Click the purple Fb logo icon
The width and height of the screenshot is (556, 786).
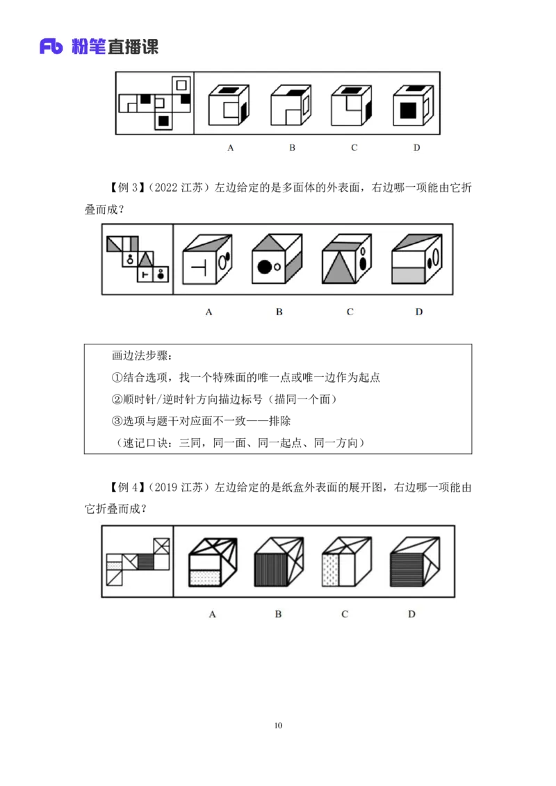51,46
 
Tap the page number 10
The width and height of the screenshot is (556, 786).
278,725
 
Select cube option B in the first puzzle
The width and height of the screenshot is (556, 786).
291,106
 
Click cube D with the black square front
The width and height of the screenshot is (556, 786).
413,106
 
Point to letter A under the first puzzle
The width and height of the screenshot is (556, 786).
230,147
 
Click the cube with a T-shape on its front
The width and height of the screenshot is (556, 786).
207,259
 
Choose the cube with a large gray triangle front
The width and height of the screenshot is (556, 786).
347,259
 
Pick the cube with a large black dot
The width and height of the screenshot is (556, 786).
277,259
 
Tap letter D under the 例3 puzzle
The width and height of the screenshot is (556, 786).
419,312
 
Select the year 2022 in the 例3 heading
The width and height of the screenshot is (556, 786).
166,187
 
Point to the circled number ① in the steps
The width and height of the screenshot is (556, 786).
117,378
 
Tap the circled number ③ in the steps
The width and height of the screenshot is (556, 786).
117,421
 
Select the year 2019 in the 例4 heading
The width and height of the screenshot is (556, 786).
166,487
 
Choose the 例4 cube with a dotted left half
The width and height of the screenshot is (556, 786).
347,562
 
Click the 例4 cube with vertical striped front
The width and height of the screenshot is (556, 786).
279,562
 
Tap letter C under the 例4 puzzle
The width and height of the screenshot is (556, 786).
345,614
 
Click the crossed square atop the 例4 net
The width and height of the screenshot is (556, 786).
161,546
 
